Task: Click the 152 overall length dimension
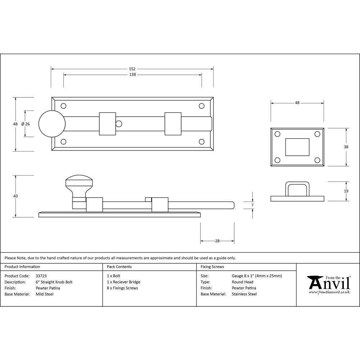pyautogui.click(x=132, y=68)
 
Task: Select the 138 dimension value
pyautogui.click(x=132, y=75)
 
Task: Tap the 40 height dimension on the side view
pyautogui.click(x=15, y=196)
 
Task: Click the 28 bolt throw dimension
pyautogui.click(x=217, y=241)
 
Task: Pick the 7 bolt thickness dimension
pyautogui.click(x=252, y=205)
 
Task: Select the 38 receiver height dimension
pyautogui.click(x=346, y=147)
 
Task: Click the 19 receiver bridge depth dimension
pyautogui.click(x=346, y=191)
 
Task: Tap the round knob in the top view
pyautogui.click(x=50, y=124)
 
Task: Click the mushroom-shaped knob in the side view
pyautogui.click(x=78, y=184)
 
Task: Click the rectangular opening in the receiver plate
pyautogui.click(x=297, y=147)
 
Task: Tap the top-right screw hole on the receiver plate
pyautogui.click(x=317, y=134)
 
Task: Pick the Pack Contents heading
pyautogui.click(x=119, y=267)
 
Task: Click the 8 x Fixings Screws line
pyautogui.click(x=122, y=288)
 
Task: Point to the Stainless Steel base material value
pyautogui.click(x=244, y=294)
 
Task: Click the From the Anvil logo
pyautogui.click(x=328, y=284)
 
